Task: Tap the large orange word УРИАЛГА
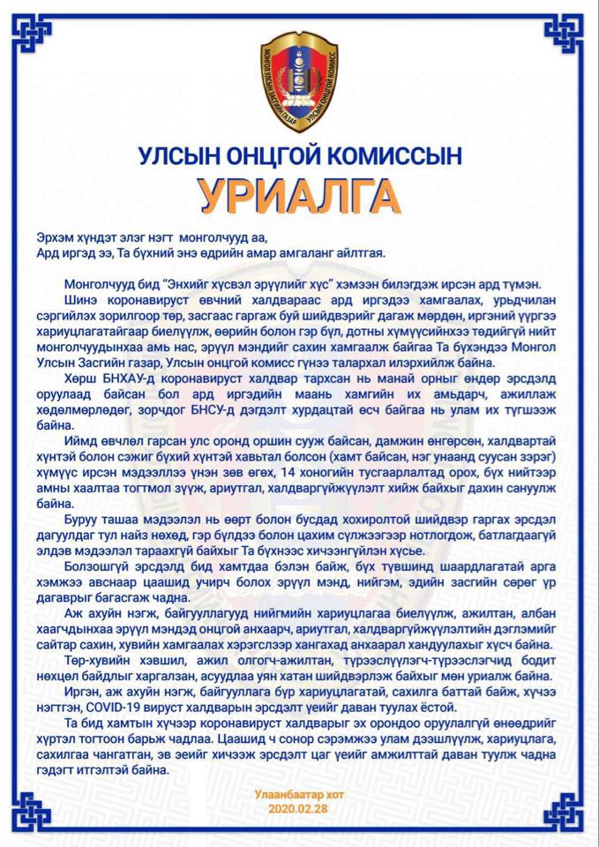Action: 299,195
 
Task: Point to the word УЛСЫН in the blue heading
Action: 181,157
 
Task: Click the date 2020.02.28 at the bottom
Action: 297,807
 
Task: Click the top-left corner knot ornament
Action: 33,34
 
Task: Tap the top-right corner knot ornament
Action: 565,34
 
